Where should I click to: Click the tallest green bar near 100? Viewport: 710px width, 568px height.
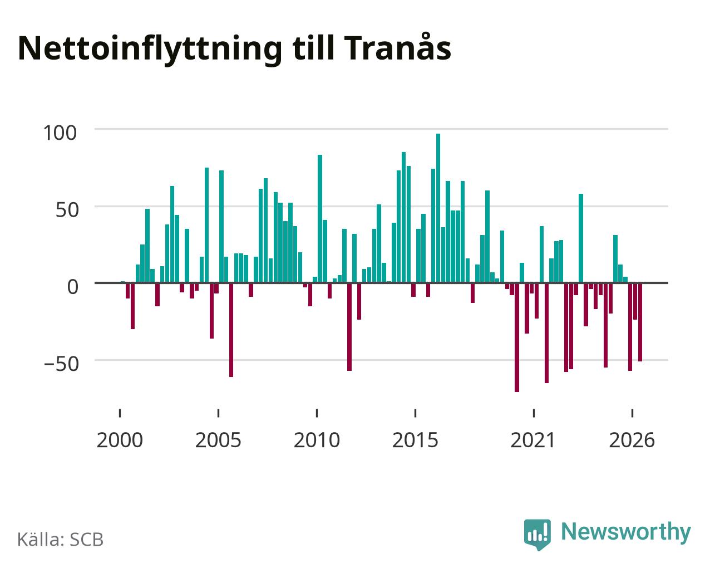click(x=438, y=208)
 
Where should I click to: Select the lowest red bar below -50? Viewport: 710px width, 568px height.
click(x=517, y=337)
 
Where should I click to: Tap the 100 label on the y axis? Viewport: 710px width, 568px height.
click(x=60, y=133)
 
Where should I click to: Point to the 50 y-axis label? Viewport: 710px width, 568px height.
click(x=67, y=210)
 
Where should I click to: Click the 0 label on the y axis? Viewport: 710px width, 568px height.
click(x=73, y=287)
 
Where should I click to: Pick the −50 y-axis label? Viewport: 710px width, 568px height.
click(x=62, y=364)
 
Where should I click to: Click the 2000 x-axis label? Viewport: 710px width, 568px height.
click(x=120, y=440)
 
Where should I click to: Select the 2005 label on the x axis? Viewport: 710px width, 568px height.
click(x=218, y=440)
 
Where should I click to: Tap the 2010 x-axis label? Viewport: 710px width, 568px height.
click(x=317, y=440)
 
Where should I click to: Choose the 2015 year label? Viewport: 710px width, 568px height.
click(x=415, y=440)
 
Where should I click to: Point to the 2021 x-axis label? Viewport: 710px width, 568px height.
click(x=533, y=440)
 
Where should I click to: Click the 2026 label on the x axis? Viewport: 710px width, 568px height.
click(x=632, y=440)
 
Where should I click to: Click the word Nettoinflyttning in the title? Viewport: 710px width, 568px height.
click(x=150, y=50)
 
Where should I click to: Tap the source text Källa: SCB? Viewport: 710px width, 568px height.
click(x=61, y=540)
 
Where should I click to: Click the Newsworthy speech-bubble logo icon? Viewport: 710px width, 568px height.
click(x=538, y=533)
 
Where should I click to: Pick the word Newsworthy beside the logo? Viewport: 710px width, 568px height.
click(x=626, y=532)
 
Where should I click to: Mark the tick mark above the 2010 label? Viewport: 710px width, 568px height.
click(x=317, y=413)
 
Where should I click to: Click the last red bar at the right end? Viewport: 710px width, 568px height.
click(x=640, y=322)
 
